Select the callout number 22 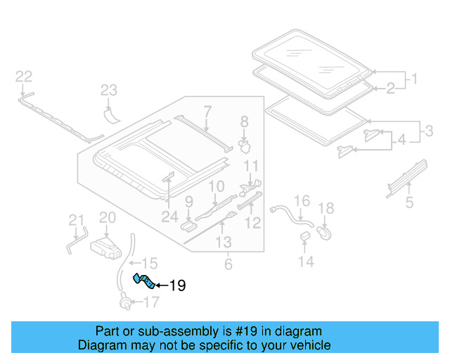pyautogui.click(x=24, y=76)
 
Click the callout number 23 pyautogui.click(x=108, y=90)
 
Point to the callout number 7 pyautogui.click(x=207, y=110)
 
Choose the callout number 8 pyautogui.click(x=244, y=122)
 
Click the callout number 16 pyautogui.click(x=301, y=201)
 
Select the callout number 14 pyautogui.click(x=306, y=262)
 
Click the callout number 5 pyautogui.click(x=409, y=204)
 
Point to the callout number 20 pyautogui.click(x=107, y=218)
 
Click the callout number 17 pyautogui.click(x=151, y=303)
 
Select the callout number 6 pyautogui.click(x=228, y=264)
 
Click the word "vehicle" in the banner pyautogui.click(x=309, y=345)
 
